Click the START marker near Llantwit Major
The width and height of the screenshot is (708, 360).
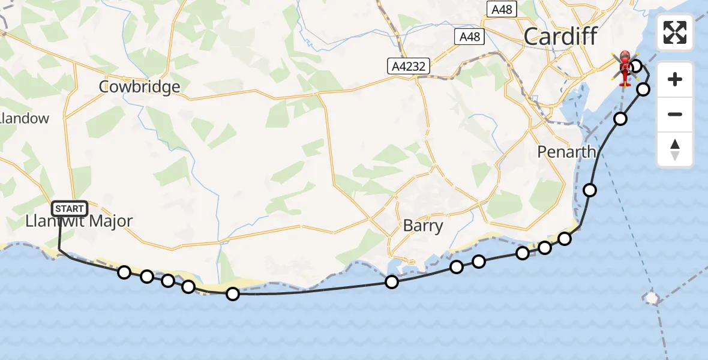(70, 208)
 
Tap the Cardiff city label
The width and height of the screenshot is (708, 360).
(560, 37)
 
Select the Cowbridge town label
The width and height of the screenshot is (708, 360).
(140, 87)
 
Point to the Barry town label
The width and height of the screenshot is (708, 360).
(423, 226)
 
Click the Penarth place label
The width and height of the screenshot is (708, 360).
(566, 152)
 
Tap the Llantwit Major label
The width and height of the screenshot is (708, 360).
(79, 221)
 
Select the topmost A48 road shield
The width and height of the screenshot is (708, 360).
(503, 9)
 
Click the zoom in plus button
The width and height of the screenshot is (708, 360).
(675, 79)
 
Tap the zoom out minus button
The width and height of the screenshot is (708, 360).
(675, 114)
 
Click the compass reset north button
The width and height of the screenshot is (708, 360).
(675, 149)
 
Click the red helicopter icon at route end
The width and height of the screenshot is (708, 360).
(625, 68)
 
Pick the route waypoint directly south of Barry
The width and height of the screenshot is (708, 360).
(392, 282)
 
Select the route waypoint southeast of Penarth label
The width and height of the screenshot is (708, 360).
(590, 190)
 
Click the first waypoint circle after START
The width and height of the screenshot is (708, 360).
(124, 272)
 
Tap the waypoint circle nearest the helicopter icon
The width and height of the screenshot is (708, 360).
(636, 65)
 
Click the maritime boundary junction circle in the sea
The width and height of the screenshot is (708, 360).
(652, 298)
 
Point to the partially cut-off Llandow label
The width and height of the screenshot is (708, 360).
(24, 118)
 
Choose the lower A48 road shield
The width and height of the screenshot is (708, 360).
(469, 37)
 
